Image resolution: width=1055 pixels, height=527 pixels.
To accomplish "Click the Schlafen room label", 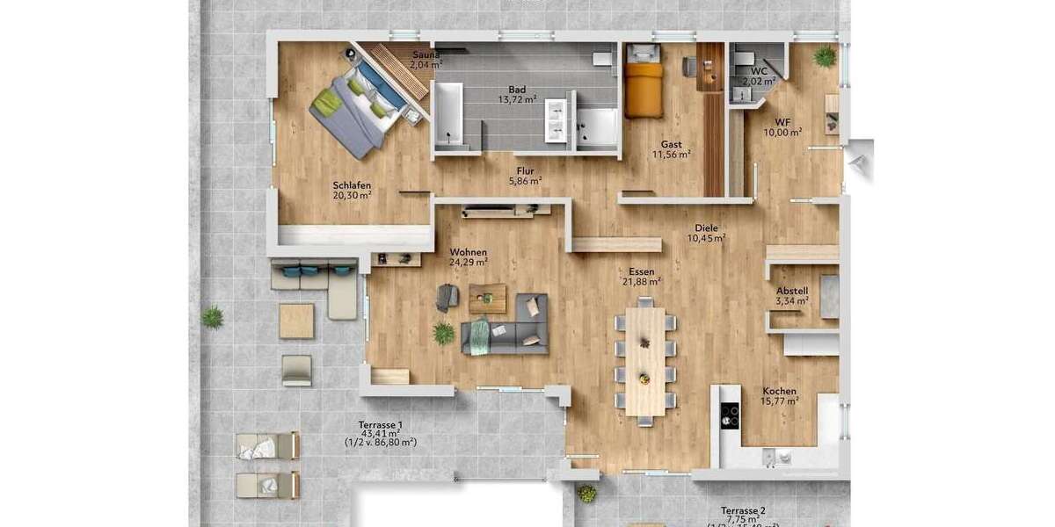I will tap(352, 191).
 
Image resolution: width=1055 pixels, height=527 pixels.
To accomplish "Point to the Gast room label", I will tap(672, 149).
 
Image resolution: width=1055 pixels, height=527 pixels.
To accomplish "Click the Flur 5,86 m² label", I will tap(525, 177).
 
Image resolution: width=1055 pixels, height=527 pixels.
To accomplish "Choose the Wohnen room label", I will tap(468, 256).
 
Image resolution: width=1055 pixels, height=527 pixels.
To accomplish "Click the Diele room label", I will tap(707, 233).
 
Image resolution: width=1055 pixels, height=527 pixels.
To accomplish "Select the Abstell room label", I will tap(792, 296).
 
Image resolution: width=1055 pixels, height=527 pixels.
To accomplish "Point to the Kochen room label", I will tap(780, 396).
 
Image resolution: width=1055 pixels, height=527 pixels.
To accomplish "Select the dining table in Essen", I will tap(645, 360).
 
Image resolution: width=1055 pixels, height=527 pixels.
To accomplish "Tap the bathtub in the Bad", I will tap(449, 114).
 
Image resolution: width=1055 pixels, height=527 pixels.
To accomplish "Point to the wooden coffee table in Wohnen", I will tap(487, 297).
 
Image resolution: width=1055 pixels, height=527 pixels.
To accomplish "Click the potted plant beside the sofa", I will tap(444, 333).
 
